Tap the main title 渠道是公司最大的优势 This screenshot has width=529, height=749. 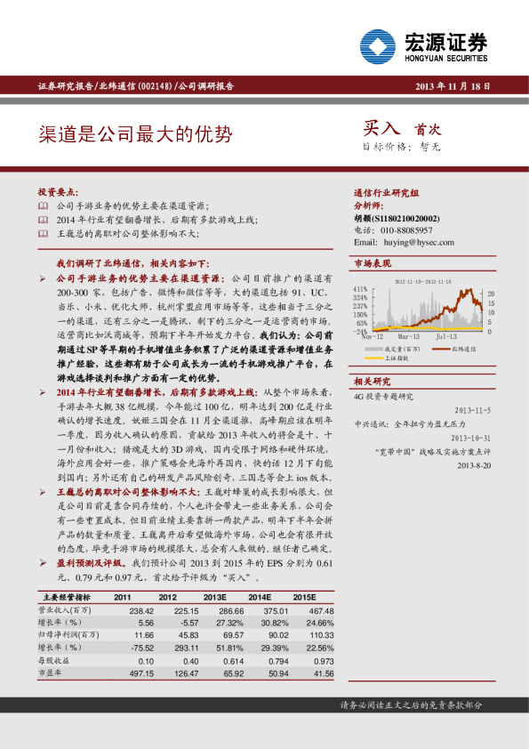135,134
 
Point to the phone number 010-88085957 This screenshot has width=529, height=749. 407,230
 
